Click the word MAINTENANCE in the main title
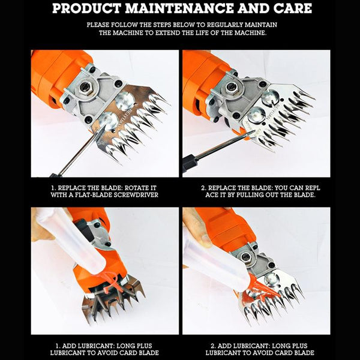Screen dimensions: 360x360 (179, 8)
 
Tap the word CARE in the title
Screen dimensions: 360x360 (293, 8)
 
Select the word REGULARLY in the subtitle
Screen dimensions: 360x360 (222, 25)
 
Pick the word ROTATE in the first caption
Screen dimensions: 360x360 (136, 188)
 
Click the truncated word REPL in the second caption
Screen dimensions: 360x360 (312, 188)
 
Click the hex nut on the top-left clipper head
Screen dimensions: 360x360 (85, 87)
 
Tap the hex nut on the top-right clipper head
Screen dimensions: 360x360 (231, 87)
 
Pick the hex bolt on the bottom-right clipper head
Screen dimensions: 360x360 (245, 257)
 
